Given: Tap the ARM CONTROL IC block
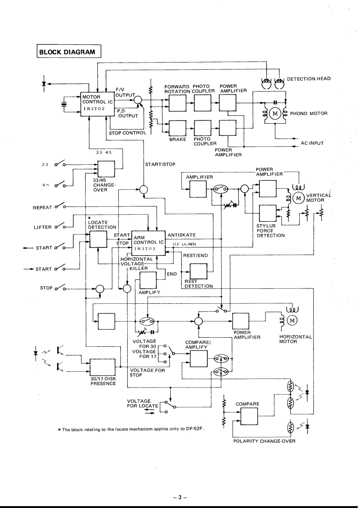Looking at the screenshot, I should (148, 244).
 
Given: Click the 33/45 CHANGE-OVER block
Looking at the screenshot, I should (106, 170).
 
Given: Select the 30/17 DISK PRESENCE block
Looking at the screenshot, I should (104, 367).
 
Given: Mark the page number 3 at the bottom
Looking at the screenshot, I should (179, 485).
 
